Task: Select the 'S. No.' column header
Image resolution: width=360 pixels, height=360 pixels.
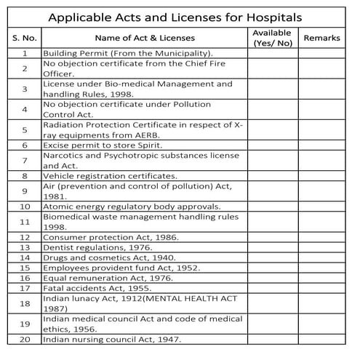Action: [25, 38]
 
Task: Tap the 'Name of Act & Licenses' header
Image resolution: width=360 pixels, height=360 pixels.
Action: [143, 38]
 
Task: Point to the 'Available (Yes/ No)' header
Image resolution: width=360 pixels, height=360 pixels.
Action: [272, 38]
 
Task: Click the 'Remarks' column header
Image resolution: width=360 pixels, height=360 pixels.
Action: [321, 38]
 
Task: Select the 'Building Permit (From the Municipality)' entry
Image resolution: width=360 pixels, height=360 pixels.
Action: [127, 53]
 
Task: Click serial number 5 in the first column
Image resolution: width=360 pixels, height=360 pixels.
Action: [25, 129]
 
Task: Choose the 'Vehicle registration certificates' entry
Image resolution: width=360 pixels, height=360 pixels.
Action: [110, 176]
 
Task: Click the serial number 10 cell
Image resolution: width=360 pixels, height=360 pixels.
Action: [25, 207]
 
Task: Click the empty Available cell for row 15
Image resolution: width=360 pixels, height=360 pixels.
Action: [272, 268]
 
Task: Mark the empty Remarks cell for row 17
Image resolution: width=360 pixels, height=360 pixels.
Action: [321, 288]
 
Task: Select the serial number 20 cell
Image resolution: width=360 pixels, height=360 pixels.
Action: [25, 339]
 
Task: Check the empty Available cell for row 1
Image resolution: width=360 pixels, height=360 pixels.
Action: [272, 53]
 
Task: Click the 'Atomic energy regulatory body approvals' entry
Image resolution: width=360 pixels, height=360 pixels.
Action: [132, 207]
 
